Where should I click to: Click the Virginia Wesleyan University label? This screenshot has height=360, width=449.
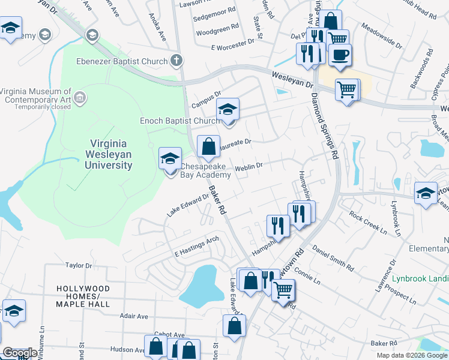point(111,154)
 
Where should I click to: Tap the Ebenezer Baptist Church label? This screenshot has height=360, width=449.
point(122,60)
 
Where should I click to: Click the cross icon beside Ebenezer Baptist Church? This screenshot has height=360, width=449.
point(176,60)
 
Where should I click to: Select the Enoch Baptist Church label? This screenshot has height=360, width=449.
point(179,121)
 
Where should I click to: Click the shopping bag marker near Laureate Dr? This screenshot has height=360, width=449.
point(208,146)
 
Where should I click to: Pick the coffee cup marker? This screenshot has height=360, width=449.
point(340,55)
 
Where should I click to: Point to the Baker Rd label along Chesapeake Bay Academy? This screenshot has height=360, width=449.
point(217,200)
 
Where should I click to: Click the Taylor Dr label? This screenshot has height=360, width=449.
point(79,265)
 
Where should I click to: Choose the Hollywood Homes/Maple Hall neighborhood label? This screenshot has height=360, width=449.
point(83,296)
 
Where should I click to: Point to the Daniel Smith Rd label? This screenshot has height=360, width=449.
point(333,256)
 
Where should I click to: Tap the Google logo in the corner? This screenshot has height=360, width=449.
point(20,353)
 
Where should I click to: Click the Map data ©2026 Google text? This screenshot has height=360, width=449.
point(411,355)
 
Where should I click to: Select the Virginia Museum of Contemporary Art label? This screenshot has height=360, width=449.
point(36,96)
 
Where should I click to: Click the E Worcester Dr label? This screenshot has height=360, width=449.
point(233,45)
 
